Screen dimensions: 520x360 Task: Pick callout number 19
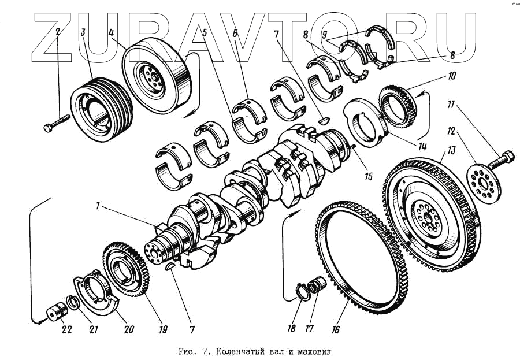163,329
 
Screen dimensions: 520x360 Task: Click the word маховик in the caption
315,351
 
